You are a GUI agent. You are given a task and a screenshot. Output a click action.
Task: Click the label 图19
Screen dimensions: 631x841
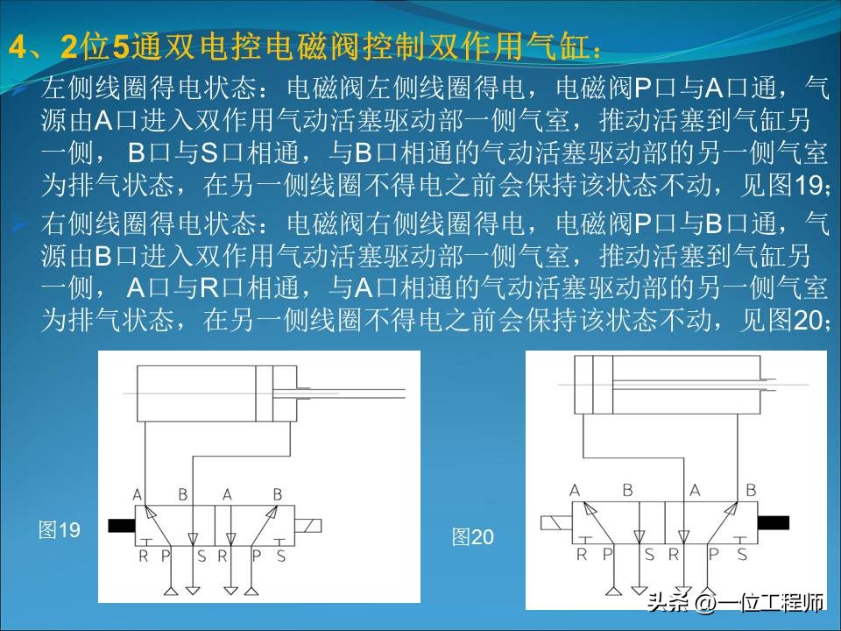60,529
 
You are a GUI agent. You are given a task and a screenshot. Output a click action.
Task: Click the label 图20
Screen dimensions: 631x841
473,537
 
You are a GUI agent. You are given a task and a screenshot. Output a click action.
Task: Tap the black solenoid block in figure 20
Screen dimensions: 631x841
773,522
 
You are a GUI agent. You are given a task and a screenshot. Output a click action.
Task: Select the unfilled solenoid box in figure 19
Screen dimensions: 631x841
309,526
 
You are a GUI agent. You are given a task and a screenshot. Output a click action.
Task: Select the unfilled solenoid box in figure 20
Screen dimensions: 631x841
555,523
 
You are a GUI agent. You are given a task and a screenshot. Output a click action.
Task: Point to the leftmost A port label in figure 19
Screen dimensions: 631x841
138,494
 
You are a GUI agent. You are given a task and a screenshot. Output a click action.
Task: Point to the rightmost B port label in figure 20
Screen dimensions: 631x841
751,490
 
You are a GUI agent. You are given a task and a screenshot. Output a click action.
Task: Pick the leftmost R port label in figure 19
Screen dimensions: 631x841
143,556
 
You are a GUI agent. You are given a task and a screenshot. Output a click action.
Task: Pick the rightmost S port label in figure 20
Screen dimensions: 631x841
742,553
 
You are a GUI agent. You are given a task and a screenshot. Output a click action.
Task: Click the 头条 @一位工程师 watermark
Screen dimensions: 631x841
735,603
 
